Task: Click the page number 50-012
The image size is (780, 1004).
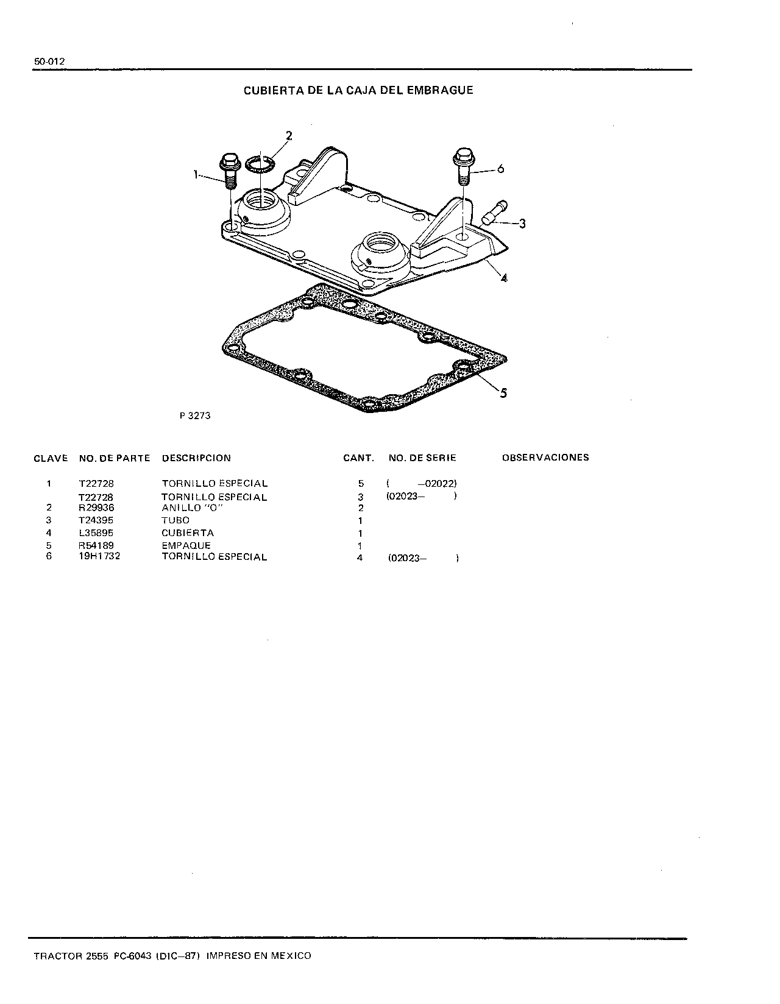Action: (x=49, y=62)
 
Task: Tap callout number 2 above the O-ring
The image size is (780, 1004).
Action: (x=289, y=136)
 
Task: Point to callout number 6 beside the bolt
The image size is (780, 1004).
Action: (x=500, y=169)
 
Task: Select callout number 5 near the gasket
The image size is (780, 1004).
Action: (x=504, y=393)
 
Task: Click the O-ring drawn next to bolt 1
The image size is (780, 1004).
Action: (x=260, y=164)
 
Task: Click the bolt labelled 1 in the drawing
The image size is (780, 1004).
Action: (x=229, y=171)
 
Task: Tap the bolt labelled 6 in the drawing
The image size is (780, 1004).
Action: (x=464, y=166)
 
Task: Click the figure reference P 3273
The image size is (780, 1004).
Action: (x=195, y=415)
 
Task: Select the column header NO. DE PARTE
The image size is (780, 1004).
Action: (x=115, y=458)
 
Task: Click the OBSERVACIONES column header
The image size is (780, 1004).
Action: (x=545, y=458)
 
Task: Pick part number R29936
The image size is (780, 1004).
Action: (x=96, y=507)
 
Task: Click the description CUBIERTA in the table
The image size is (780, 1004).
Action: (x=188, y=532)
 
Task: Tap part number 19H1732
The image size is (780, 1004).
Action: (x=99, y=556)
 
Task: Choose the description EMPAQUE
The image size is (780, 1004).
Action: (x=186, y=545)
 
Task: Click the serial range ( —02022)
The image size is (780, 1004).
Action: (x=422, y=484)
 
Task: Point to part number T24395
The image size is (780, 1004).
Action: (x=96, y=520)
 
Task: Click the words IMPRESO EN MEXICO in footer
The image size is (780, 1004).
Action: (x=259, y=955)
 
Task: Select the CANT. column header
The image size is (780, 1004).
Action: (x=358, y=458)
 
